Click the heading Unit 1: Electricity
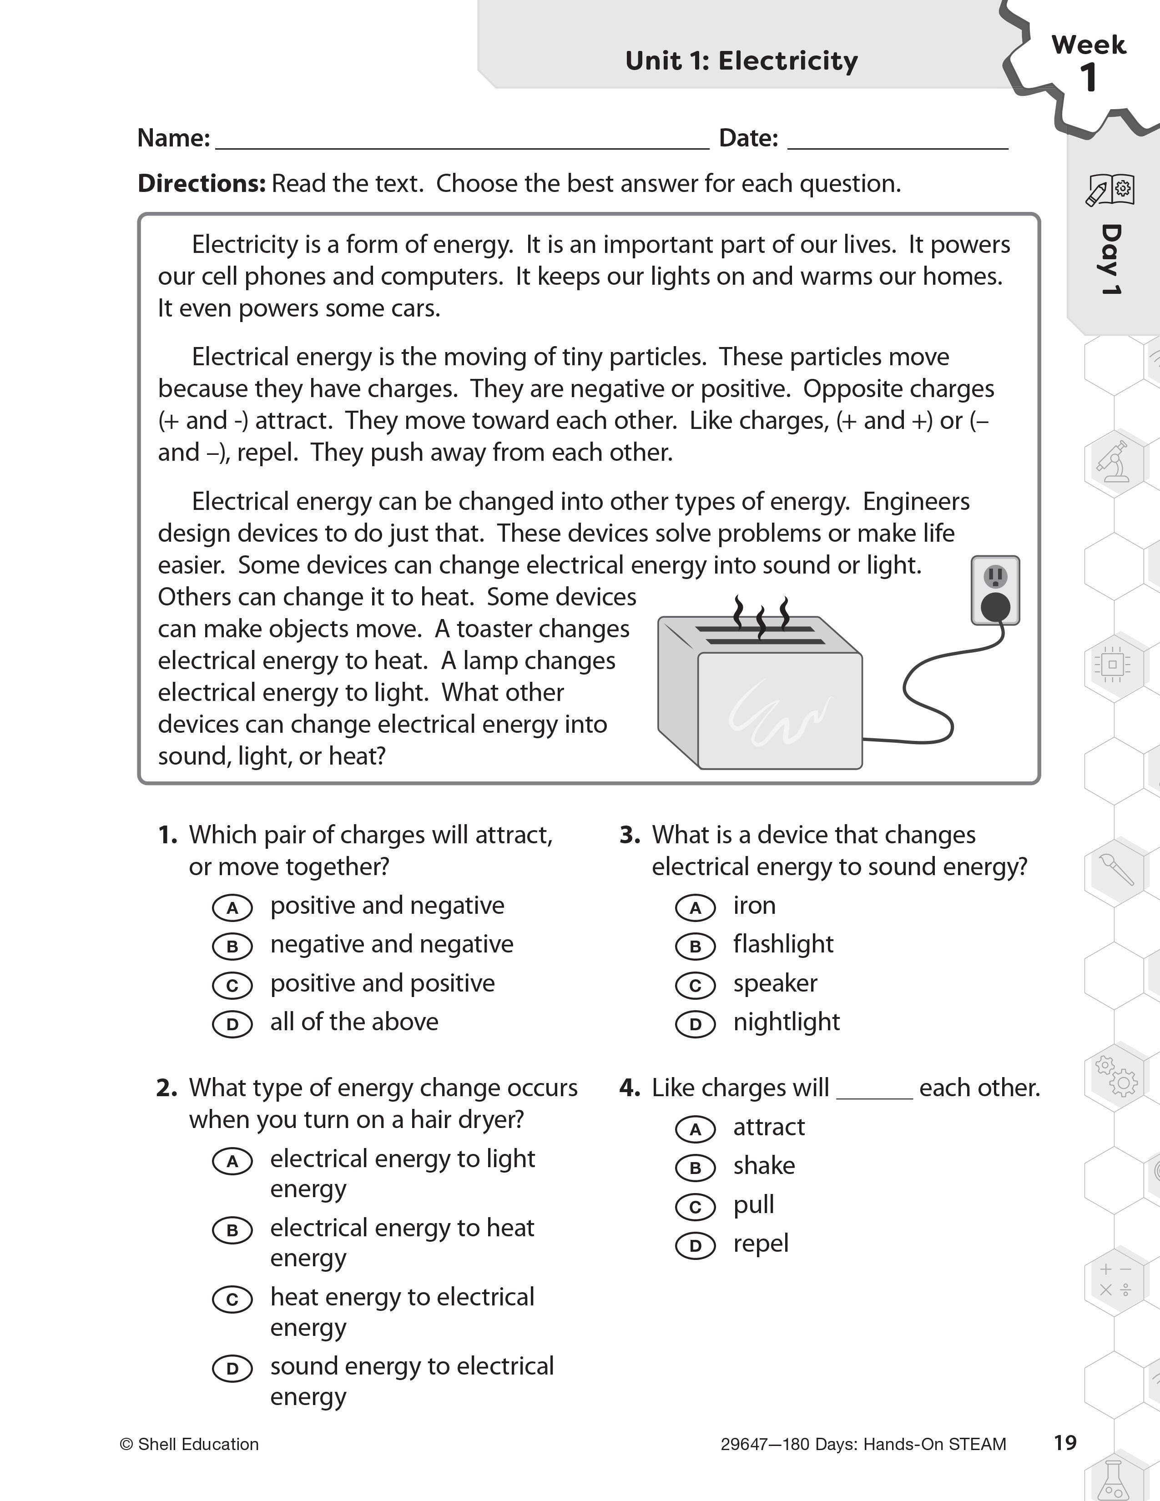tap(741, 60)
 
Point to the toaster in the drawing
tap(759, 694)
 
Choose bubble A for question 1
tap(232, 908)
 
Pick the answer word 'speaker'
tap(775, 983)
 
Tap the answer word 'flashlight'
tap(783, 944)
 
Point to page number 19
tap(1064, 1443)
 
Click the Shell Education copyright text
tap(190, 1445)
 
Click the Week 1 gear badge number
tap(1088, 77)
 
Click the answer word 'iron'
tap(754, 906)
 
